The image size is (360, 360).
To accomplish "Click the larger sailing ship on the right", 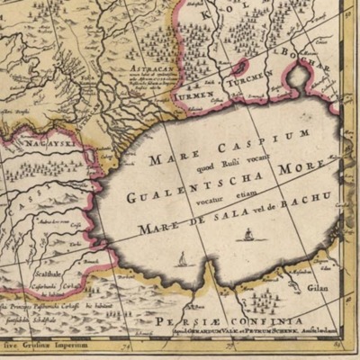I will (247, 235).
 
